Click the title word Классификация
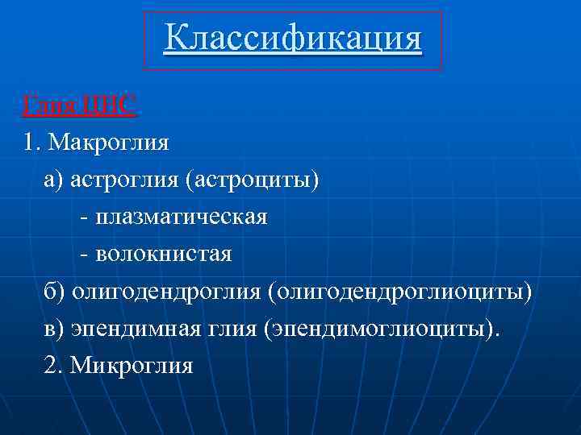point(292,38)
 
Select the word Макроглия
point(108,143)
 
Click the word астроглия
point(125,180)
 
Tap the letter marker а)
point(55,180)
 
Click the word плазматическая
point(181,217)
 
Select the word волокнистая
point(163,255)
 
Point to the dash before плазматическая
point(85,218)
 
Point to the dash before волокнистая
point(85,255)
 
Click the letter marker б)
point(56,292)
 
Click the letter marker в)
point(55,329)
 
